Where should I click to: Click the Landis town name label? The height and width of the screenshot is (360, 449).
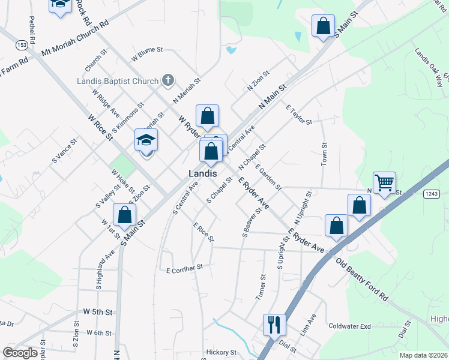click(x=202, y=172)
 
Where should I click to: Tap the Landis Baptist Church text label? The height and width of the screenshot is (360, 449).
click(x=118, y=81)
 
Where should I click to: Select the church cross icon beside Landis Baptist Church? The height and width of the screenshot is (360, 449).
click(x=168, y=80)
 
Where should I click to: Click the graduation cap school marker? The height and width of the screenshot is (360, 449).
click(x=146, y=140)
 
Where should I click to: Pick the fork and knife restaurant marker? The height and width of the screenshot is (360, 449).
click(x=274, y=325)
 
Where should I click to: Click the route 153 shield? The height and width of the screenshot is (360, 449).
click(x=22, y=45)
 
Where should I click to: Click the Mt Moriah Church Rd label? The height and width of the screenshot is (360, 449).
click(x=74, y=40)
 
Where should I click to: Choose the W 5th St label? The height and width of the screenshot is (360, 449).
click(x=98, y=312)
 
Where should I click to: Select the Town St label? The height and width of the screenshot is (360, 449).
click(x=324, y=154)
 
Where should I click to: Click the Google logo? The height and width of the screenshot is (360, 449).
click(x=20, y=353)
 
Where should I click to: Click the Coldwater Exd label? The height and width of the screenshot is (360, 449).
click(x=350, y=326)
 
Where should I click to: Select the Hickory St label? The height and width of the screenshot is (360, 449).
click(x=221, y=352)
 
